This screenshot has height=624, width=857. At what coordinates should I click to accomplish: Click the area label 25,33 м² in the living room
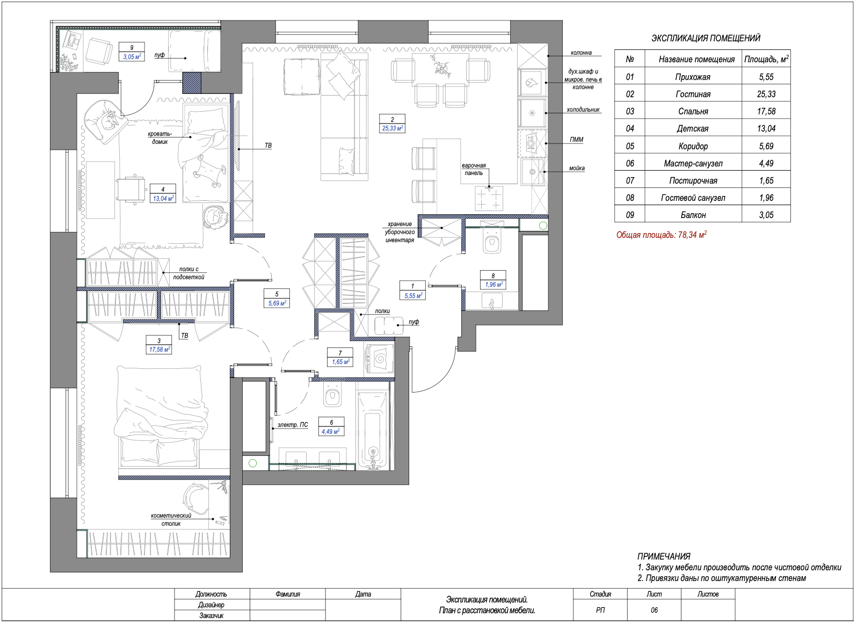[392, 128]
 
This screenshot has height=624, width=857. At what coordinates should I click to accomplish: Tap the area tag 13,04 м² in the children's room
[163, 198]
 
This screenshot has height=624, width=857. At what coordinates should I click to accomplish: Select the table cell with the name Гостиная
[693, 94]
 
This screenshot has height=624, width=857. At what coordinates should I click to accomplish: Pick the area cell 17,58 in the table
[766, 111]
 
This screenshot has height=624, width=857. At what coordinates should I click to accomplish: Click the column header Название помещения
[696, 59]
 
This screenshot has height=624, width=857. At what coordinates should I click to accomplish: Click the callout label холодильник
[583, 110]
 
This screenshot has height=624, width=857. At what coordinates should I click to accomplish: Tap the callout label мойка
[577, 168]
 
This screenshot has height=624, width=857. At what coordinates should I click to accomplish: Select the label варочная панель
[474, 169]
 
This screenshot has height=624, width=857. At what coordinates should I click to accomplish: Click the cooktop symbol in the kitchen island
[489, 199]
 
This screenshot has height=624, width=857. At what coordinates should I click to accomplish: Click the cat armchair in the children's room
[105, 121]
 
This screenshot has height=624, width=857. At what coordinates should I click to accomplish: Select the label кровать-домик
[160, 137]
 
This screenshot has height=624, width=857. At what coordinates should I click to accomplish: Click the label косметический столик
[171, 520]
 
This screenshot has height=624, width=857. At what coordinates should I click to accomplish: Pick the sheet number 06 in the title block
[654, 610]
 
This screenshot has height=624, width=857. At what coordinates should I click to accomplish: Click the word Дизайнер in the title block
[211, 605]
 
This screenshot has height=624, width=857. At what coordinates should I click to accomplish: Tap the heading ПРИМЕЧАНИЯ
[664, 556]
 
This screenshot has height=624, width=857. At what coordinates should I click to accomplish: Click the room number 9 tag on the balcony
[132, 47]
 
